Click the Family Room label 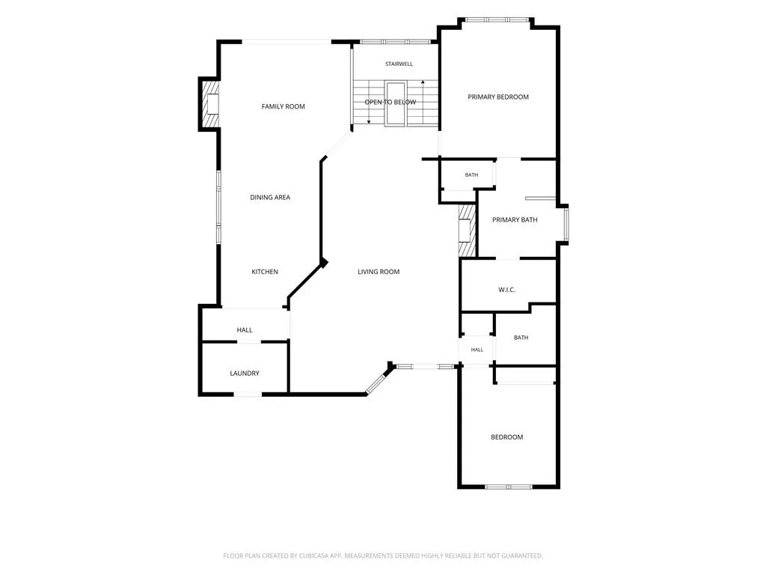point(283,106)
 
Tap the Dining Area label point(270,197)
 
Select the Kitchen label point(265,271)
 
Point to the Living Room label point(379,271)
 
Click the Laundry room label point(245,373)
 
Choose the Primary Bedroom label point(498,97)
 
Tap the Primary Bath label point(515,219)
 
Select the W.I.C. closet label point(507,290)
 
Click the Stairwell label point(399,64)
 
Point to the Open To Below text point(390,102)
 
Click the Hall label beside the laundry point(245,330)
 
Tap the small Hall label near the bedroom point(477,350)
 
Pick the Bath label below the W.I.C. point(521,338)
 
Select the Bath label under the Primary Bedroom point(471,174)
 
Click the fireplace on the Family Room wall point(211,103)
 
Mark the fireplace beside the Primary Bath point(467,230)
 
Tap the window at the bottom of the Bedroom point(509,487)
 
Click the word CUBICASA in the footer point(313,556)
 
